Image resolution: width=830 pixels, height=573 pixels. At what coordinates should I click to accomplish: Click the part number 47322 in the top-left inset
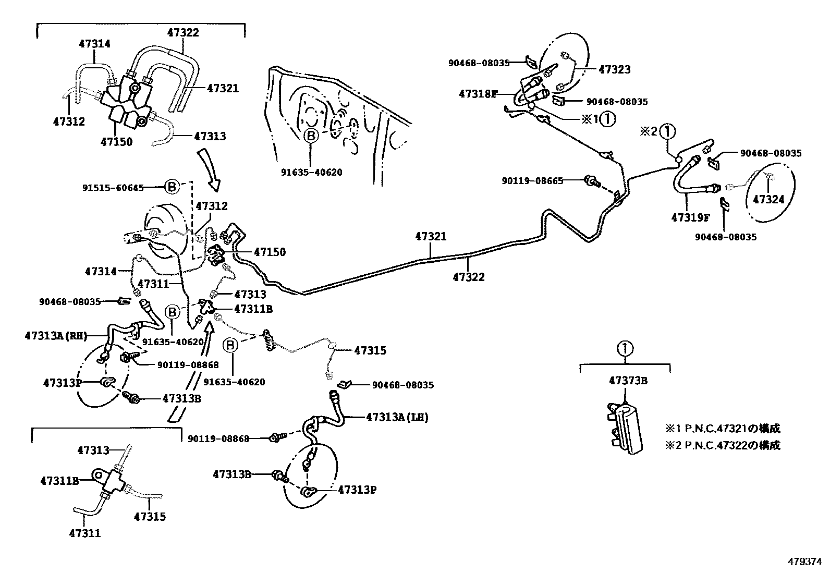point(183,32)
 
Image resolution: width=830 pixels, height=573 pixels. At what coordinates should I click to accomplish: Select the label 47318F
point(478,94)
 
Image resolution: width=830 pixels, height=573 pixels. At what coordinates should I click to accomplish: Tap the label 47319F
point(691,217)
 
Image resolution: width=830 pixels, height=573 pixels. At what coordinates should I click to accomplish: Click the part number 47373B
point(628,381)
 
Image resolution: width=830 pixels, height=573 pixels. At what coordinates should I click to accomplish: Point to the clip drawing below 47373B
point(625,428)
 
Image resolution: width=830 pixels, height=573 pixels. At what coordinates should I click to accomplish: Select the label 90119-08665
point(532,181)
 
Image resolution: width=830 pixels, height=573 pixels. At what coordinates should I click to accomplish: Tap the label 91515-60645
point(113,187)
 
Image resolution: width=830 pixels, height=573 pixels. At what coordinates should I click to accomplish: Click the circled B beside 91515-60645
point(173,187)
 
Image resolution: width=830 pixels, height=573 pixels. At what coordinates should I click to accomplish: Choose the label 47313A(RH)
point(56,336)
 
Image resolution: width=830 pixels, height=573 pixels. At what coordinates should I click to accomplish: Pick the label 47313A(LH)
point(397,417)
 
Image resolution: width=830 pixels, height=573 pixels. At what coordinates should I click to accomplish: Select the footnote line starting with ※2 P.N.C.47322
point(723,445)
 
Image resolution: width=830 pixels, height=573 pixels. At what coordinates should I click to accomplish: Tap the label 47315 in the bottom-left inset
point(150,517)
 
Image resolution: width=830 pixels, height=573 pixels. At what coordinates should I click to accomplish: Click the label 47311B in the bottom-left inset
point(59,481)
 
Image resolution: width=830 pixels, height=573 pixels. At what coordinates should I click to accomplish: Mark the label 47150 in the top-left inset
point(116,141)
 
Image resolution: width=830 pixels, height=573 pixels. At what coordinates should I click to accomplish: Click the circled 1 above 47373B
point(625,348)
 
